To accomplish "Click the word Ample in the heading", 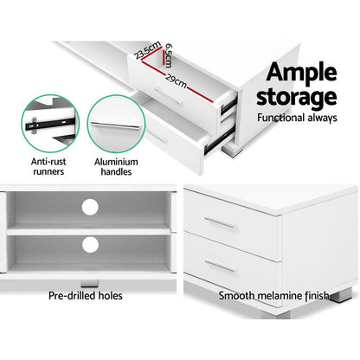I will click(293, 71).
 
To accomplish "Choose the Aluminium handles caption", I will click(119, 166).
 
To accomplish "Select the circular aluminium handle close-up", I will click(119, 122).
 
